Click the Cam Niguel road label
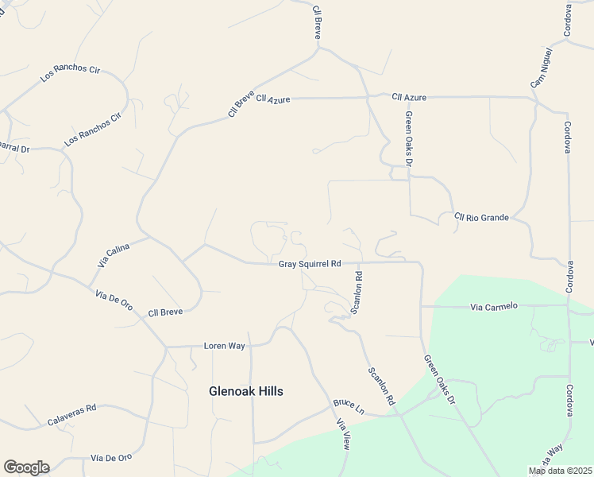[540, 72]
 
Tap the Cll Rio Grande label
[480, 216]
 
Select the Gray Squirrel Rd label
[310, 263]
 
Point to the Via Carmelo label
[494, 306]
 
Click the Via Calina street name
[114, 255]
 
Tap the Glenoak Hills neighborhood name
[245, 391]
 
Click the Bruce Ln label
[349, 407]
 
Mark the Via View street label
[343, 435]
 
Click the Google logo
[26, 467]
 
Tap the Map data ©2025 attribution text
[560, 471]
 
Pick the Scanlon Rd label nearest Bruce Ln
[381, 386]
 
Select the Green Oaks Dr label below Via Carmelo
[439, 380]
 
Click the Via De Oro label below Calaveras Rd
[110, 458]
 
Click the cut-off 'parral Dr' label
[13, 148]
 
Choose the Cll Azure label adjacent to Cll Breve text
[273, 100]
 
